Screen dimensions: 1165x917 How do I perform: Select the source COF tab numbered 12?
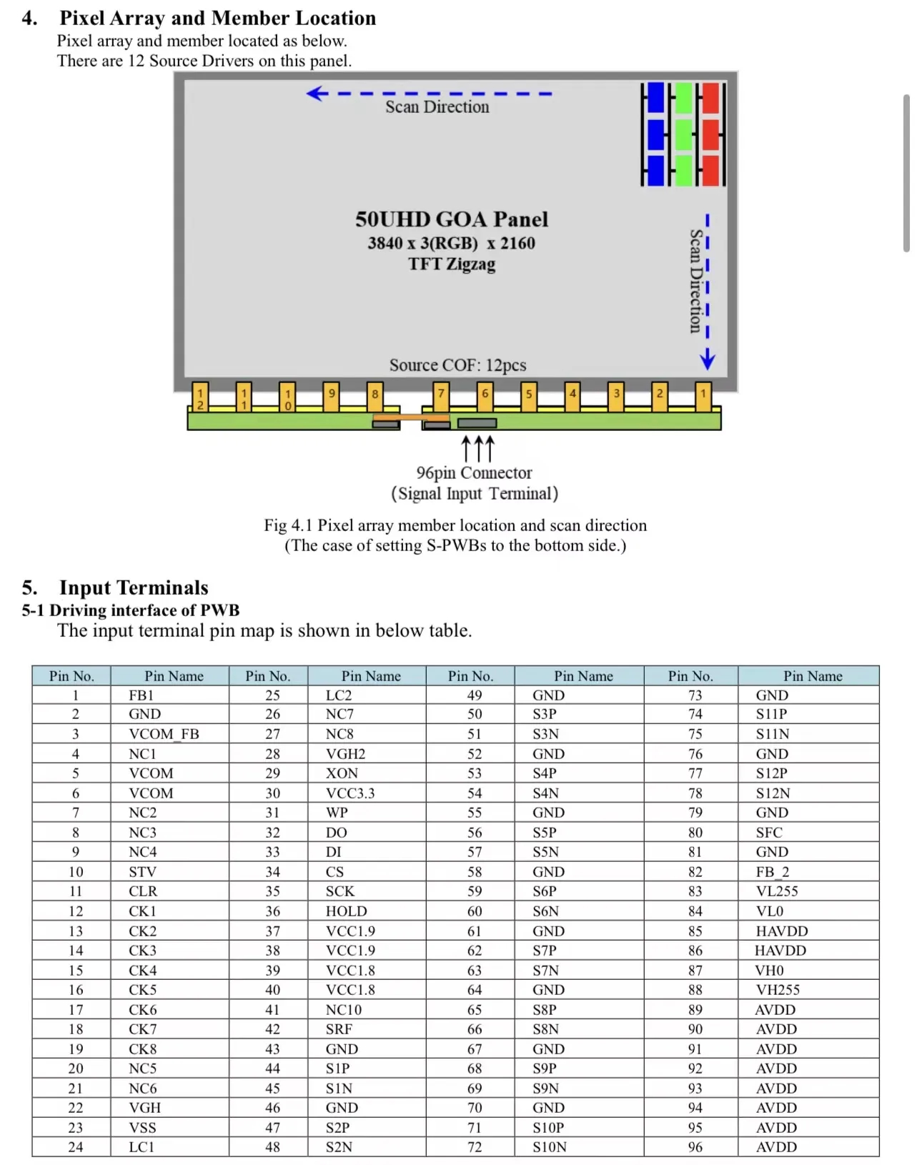pos(200,397)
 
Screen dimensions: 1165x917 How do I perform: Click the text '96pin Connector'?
pos(474,472)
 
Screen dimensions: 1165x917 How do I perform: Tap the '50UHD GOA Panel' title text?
pos(452,219)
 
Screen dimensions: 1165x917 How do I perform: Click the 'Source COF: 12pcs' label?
pos(457,365)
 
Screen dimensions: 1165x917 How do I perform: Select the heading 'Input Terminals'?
pos(134,588)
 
